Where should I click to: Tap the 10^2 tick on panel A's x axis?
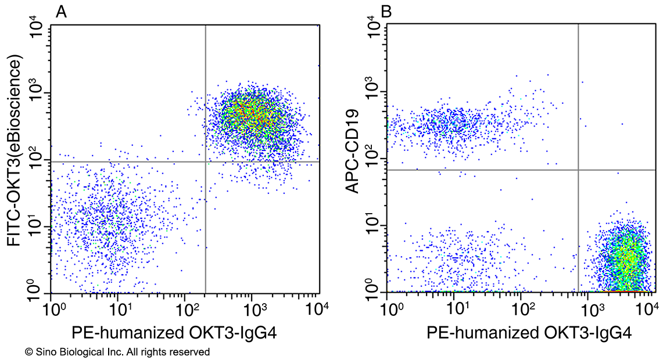185,306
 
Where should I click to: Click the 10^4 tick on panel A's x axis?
318,306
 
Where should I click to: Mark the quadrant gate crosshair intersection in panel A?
206,161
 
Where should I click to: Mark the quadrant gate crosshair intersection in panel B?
578,170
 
